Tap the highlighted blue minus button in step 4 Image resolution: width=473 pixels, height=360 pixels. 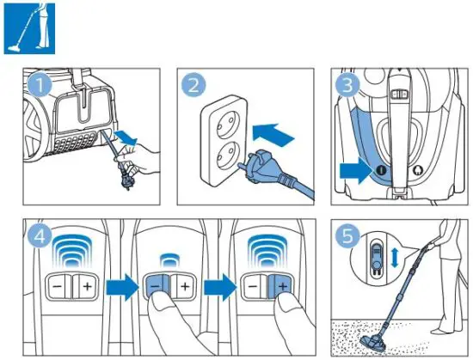[157, 284]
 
